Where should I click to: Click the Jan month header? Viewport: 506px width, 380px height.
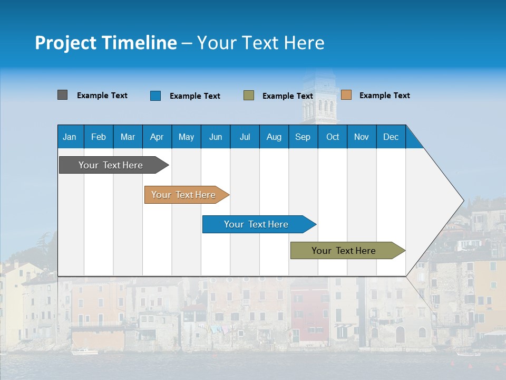coord(70,137)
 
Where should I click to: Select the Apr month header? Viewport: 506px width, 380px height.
coord(157,137)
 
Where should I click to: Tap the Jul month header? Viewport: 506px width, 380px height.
coord(245,137)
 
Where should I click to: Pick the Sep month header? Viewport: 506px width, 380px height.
coord(303,137)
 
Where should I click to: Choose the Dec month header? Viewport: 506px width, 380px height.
coord(391,137)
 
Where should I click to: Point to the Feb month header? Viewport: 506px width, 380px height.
coord(99,137)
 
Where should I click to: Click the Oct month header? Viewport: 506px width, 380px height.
coord(333,137)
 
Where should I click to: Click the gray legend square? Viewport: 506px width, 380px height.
coord(62,95)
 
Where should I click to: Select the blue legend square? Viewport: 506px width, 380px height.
coord(155,96)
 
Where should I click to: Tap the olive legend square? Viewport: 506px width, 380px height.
coord(248,96)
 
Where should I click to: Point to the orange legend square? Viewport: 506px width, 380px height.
coord(346,95)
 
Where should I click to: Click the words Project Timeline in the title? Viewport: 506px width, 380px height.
coord(105,43)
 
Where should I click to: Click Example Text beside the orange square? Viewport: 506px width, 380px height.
coord(384,96)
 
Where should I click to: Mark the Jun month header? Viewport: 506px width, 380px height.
coord(216,137)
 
